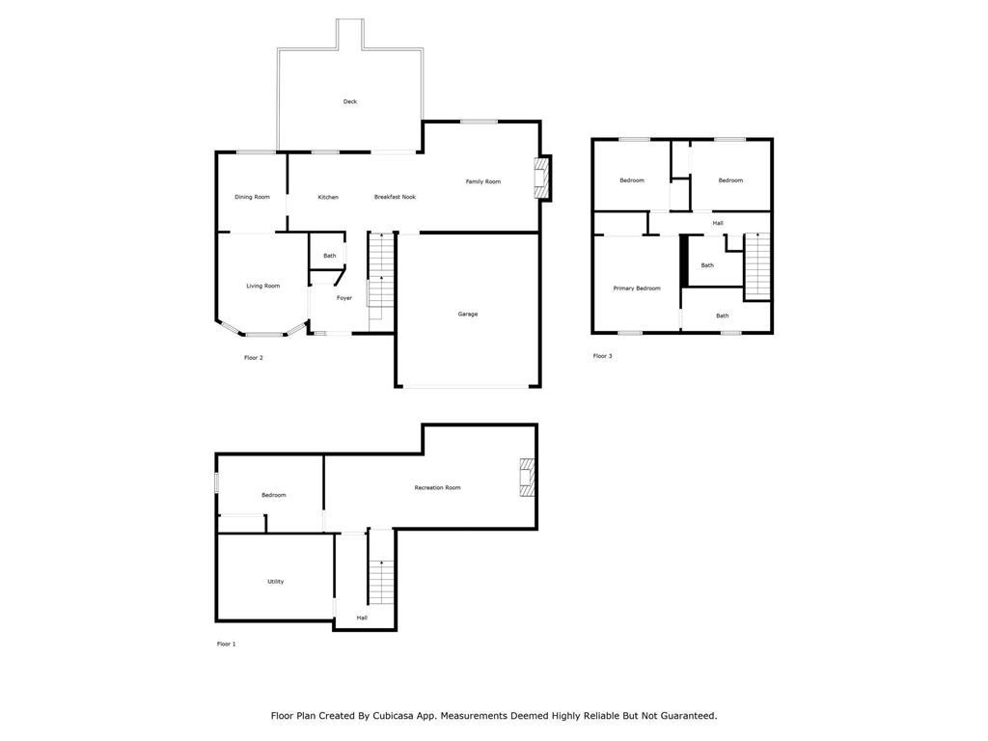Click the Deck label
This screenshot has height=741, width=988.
click(x=349, y=101)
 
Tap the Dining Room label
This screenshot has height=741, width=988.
click(x=252, y=197)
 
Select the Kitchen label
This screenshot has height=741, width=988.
click(x=328, y=197)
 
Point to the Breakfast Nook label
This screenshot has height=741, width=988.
click(x=395, y=197)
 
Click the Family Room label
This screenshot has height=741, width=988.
click(x=483, y=182)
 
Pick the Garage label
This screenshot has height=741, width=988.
click(x=468, y=314)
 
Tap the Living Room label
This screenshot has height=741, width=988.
click(x=262, y=286)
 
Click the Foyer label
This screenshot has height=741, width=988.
click(x=344, y=298)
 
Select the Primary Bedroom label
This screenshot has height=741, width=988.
click(x=637, y=288)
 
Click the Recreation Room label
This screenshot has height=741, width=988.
click(x=437, y=487)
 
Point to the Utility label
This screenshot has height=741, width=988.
click(x=275, y=582)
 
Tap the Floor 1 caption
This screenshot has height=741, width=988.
click(x=226, y=644)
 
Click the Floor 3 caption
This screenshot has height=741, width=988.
click(x=602, y=356)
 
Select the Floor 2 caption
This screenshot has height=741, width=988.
click(x=254, y=358)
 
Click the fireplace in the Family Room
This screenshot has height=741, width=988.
click(x=540, y=178)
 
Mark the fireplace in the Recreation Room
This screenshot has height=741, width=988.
click(x=527, y=478)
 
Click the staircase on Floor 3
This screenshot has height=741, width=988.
click(x=757, y=265)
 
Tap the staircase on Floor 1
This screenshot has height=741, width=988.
click(x=381, y=582)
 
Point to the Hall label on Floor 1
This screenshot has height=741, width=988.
click(x=362, y=618)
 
